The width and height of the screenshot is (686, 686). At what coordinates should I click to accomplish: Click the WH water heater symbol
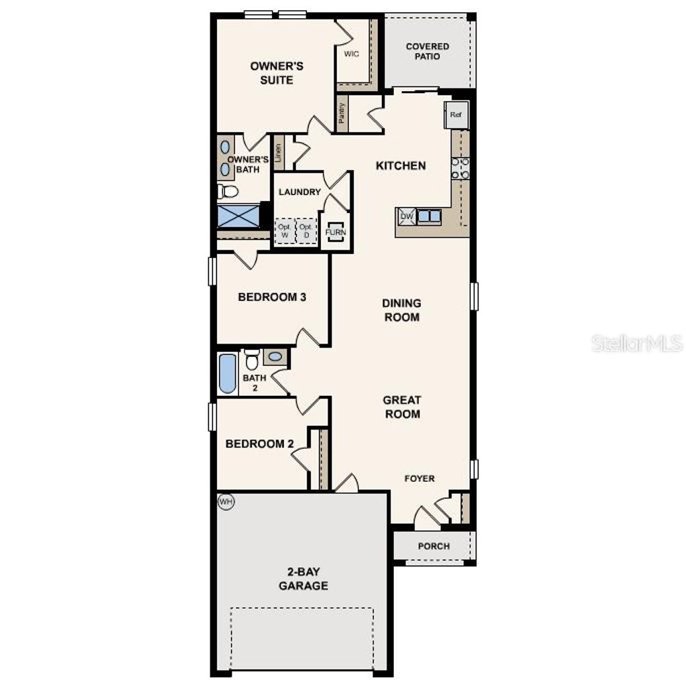pos(226,501)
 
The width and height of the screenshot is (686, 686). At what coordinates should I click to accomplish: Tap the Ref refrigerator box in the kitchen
pos(456,115)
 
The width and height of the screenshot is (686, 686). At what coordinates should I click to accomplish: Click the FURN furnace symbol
pos(335,232)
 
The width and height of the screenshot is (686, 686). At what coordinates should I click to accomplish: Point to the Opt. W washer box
pos(284,231)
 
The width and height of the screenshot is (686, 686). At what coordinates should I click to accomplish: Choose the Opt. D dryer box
pos(305,231)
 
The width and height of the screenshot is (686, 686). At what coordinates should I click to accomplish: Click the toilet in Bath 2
pos(252,361)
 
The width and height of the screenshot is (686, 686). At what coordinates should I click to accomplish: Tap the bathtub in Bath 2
pos(227,374)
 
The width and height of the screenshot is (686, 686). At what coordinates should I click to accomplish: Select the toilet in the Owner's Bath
pos(228,192)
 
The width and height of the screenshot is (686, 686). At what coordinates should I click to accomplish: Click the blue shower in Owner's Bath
pos(238,217)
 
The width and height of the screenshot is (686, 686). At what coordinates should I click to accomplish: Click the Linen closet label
pos(277,153)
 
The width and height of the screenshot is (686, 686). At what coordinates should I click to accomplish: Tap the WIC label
pos(352,54)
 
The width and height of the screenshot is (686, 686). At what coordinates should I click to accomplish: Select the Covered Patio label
pos(427,52)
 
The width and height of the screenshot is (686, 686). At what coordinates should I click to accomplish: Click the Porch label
pos(433,546)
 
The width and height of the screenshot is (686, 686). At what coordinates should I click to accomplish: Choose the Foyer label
pos(420,478)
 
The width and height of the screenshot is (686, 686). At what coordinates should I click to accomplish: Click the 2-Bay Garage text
pos(303,579)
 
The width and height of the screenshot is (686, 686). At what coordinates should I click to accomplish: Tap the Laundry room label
pos(299,192)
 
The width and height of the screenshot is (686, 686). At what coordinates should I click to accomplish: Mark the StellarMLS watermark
pos(637,344)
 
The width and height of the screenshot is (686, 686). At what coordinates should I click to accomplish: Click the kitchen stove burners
pos(460,168)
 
